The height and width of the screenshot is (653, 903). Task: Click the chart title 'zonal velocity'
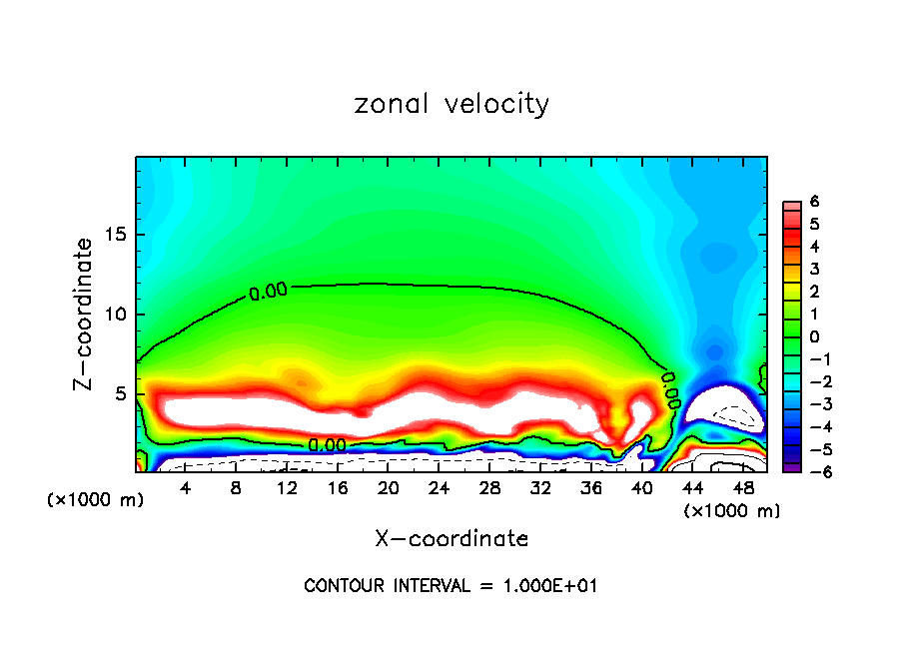tap(451, 104)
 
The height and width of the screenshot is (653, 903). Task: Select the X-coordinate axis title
tap(451, 539)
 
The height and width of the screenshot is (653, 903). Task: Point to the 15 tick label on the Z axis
tap(115, 236)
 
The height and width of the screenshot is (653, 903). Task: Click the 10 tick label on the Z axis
tap(115, 315)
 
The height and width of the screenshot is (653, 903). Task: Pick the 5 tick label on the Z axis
tap(120, 393)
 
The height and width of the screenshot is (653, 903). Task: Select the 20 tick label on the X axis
tap(389, 489)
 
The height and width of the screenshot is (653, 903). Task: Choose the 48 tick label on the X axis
tap(744, 489)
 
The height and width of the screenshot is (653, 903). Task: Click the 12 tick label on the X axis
tap(287, 489)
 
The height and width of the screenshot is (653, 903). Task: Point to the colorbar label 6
tap(814, 202)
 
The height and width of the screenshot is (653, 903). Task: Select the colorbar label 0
tap(814, 336)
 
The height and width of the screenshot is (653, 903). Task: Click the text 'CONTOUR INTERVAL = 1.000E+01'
tap(451, 586)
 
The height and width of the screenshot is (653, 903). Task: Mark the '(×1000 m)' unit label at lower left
tap(96, 500)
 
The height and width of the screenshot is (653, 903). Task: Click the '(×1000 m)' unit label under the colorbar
tap(731, 510)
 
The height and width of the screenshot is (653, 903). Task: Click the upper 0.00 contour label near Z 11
tap(268, 292)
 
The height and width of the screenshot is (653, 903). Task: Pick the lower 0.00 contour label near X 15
tap(326, 445)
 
